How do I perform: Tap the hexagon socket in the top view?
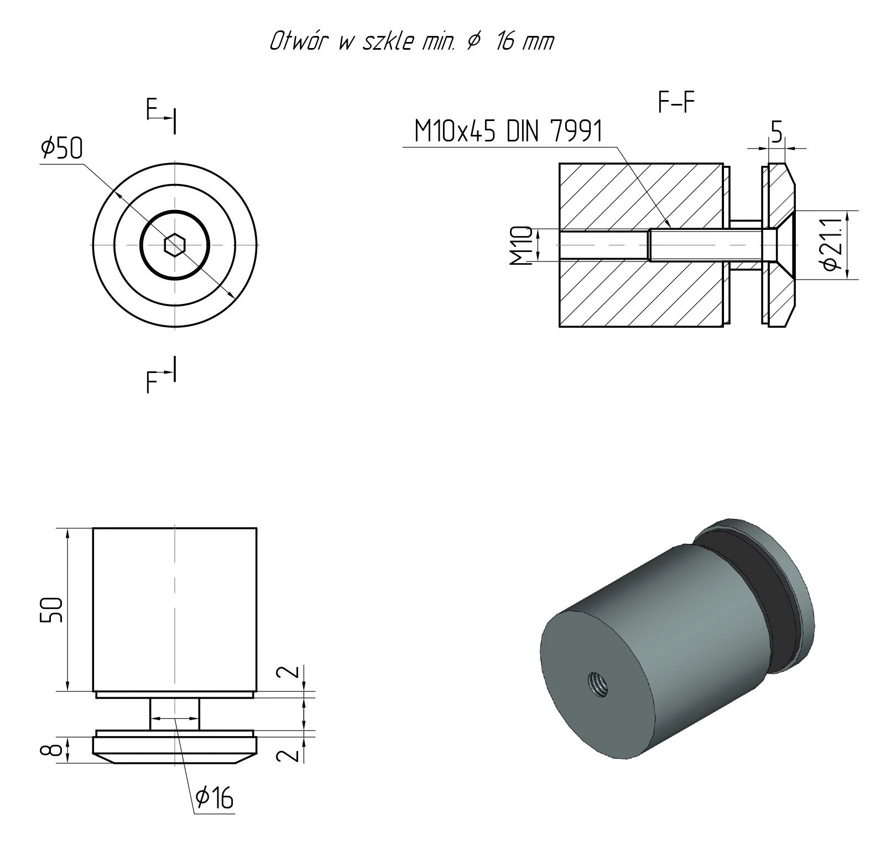tap(175, 244)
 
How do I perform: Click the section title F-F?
tap(676, 102)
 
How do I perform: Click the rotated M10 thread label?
tap(521, 245)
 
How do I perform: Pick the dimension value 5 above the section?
tap(777, 132)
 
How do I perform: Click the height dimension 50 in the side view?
tap(51, 610)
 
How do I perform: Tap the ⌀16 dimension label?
tap(214, 798)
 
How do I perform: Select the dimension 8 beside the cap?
tap(51, 750)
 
